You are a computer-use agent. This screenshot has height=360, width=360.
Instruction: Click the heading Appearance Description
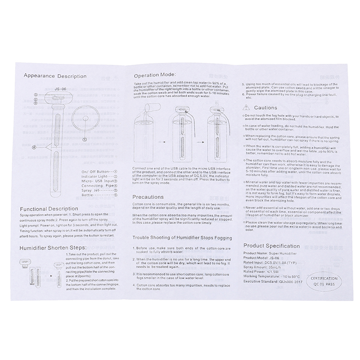55,76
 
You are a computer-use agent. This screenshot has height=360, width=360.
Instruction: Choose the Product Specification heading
271,246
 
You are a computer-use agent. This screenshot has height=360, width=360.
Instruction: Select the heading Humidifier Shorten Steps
57,248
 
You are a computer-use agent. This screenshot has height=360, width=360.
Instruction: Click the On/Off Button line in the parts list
99,171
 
